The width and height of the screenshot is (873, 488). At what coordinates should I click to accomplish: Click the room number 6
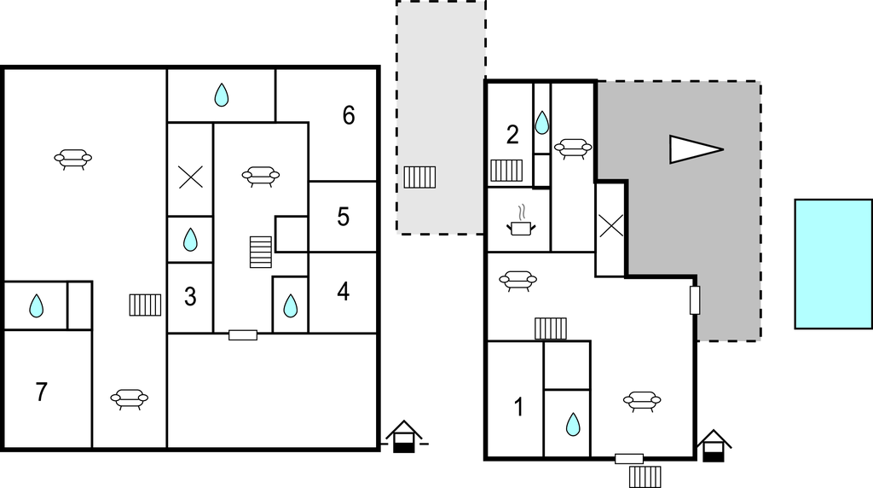pyautogui.click(x=349, y=115)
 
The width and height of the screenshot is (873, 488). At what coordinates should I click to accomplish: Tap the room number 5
pyautogui.click(x=343, y=217)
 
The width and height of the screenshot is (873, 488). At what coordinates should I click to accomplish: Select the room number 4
pyautogui.click(x=343, y=292)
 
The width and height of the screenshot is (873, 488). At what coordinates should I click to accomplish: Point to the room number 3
pyautogui.click(x=190, y=297)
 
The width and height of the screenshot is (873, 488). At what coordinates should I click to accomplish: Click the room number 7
pyautogui.click(x=41, y=392)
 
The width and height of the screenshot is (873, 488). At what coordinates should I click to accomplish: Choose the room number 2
pyautogui.click(x=512, y=135)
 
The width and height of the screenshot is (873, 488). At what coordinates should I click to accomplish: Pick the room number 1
pyautogui.click(x=519, y=407)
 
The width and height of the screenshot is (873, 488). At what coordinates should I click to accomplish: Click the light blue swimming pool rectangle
pyautogui.click(x=834, y=264)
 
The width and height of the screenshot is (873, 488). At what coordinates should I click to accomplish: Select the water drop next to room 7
pyautogui.click(x=36, y=305)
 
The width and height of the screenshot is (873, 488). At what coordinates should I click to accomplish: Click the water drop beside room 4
pyautogui.click(x=290, y=305)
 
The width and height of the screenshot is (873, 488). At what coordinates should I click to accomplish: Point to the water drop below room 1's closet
pyautogui.click(x=573, y=425)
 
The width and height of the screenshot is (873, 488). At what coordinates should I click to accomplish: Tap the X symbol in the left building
pyautogui.click(x=190, y=177)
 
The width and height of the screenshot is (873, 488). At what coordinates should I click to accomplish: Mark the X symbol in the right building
pyautogui.click(x=610, y=225)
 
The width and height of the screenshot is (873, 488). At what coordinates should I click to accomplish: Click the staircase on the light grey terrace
pyautogui.click(x=419, y=177)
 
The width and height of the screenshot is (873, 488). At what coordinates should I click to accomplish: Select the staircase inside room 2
pyautogui.click(x=506, y=171)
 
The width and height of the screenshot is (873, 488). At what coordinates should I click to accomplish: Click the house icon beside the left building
pyautogui.click(x=404, y=436)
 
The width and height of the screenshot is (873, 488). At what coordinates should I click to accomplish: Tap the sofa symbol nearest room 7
pyautogui.click(x=130, y=399)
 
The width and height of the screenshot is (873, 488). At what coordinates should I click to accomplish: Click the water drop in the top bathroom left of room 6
pyautogui.click(x=222, y=95)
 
